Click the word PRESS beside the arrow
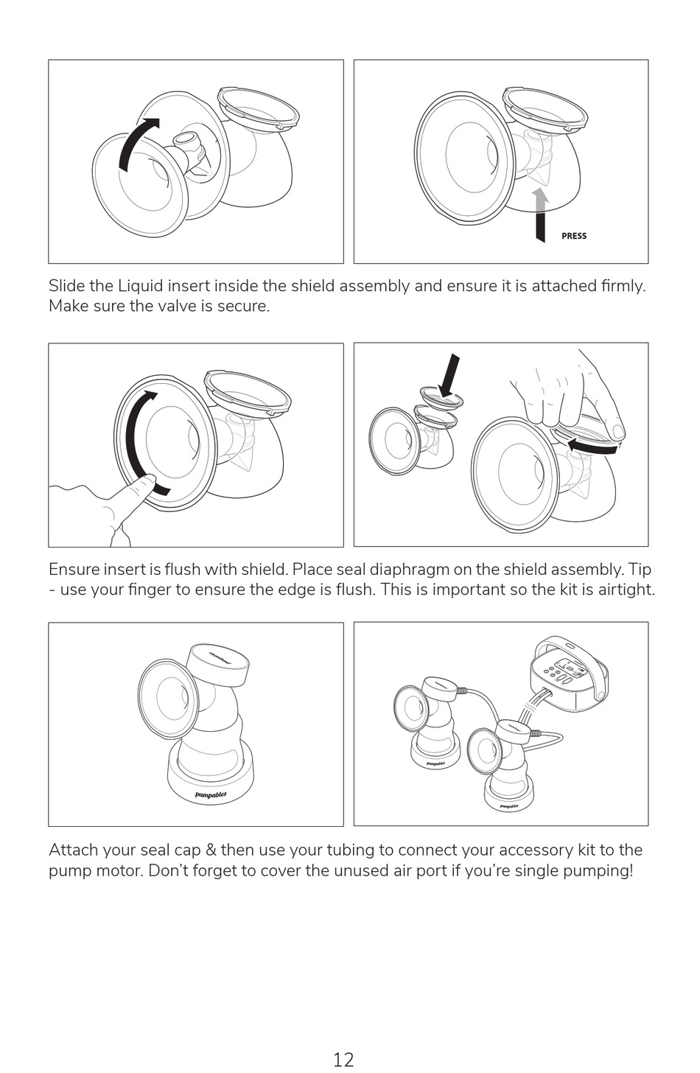[573, 236]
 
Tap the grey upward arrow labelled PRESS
[541, 214]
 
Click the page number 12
[343, 1059]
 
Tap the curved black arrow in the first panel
[139, 143]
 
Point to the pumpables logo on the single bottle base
[211, 795]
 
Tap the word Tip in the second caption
[640, 569]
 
